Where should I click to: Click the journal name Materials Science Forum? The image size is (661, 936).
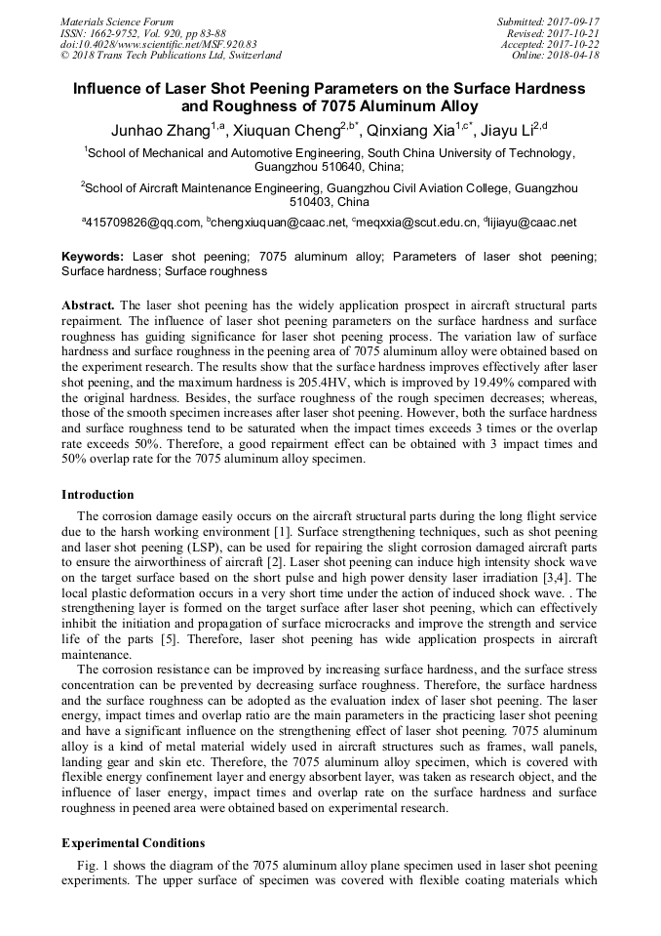coord(117,20)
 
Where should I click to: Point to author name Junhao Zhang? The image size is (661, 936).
coord(161,130)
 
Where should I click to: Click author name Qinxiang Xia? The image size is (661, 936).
coord(408,130)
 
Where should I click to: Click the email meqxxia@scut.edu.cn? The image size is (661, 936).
coord(417,223)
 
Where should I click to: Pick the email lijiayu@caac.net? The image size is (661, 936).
coord(533,223)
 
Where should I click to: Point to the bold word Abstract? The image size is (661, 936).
coord(89,305)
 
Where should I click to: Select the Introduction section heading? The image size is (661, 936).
coord(97,495)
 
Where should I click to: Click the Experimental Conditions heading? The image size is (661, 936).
coord(133,841)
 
